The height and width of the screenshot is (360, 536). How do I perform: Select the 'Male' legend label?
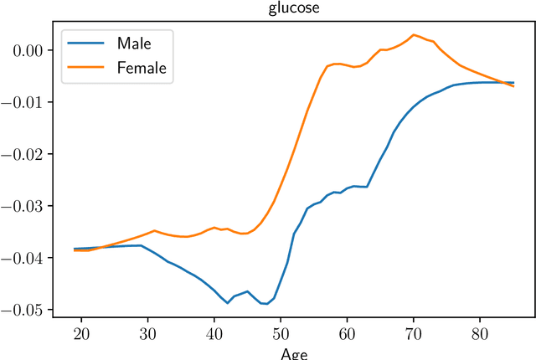134,42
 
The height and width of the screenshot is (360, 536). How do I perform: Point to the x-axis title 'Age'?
294,353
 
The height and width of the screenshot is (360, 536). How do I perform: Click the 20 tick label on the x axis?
81,333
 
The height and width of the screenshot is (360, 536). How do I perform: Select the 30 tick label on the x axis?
147,333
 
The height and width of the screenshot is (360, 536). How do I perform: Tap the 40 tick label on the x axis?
214,333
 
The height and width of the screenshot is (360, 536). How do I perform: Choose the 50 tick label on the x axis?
281,333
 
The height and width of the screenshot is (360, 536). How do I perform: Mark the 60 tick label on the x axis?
347,333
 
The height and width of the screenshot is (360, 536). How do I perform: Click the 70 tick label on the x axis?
414,333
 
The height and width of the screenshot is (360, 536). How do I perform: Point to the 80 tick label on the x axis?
480,333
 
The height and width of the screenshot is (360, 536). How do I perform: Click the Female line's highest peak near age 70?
414,35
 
